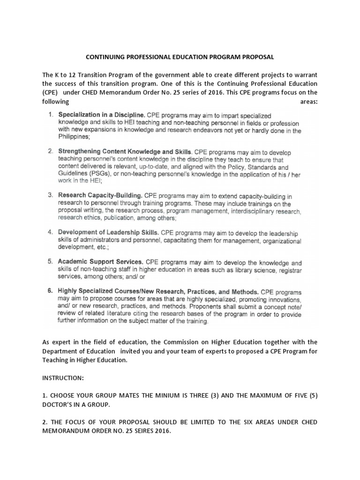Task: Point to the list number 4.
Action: pyautogui.click(x=50, y=232)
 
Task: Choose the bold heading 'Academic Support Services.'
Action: pyautogui.click(x=100, y=262)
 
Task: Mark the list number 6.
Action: pyautogui.click(x=50, y=291)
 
